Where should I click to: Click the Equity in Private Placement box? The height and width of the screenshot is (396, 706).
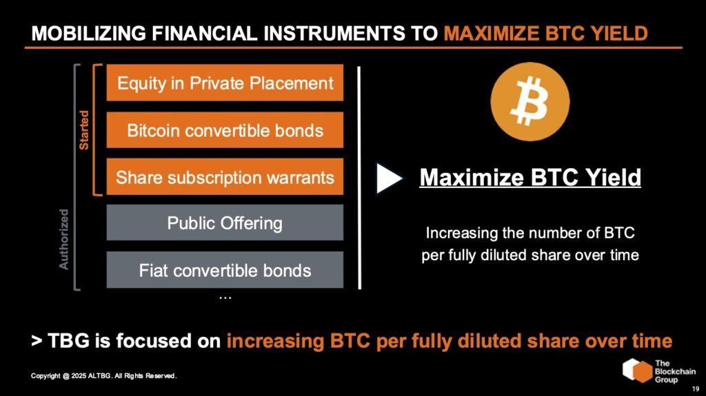(225, 83)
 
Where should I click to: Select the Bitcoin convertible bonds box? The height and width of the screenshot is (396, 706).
(225, 130)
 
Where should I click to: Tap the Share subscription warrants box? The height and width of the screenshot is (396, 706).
(225, 177)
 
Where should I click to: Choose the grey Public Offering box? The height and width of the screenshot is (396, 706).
(225, 223)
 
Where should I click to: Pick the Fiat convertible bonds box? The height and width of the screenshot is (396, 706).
(225, 270)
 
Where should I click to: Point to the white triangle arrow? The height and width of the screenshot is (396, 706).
(390, 178)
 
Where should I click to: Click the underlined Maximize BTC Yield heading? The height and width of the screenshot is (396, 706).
(530, 178)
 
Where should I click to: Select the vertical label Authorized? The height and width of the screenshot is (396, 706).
(64, 238)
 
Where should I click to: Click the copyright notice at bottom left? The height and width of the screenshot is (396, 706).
(104, 376)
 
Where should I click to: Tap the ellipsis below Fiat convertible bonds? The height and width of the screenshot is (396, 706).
(225, 297)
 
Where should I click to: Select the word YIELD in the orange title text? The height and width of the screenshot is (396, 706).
(623, 34)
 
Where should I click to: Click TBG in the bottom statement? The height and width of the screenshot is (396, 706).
(72, 341)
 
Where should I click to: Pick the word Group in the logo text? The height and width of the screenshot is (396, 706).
(667, 379)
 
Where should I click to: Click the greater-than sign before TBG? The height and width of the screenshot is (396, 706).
(37, 341)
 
